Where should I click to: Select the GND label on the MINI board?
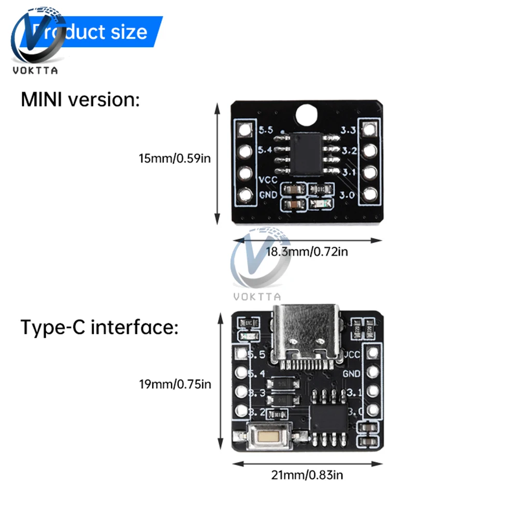267,195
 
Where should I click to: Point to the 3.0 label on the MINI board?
348,195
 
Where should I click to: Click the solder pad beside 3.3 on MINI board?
369,130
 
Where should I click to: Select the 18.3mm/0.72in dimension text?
307,252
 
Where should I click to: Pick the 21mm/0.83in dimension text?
306,474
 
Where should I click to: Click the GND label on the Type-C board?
351,373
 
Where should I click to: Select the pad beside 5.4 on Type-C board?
240,373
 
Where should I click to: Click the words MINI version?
80,99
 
